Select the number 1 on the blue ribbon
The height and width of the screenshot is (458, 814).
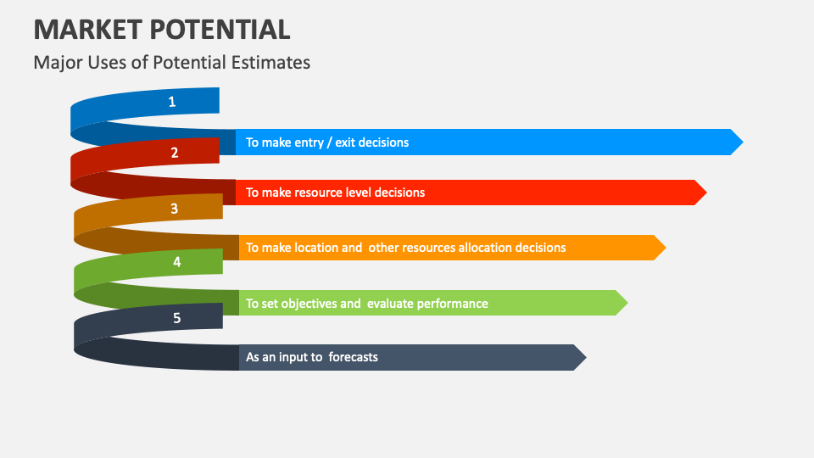pyautogui.click(x=172, y=102)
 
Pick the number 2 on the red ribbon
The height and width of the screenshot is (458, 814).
pyautogui.click(x=175, y=153)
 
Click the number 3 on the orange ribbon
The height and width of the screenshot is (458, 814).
pyautogui.click(x=174, y=208)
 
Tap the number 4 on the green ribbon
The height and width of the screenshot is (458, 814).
pyautogui.click(x=176, y=262)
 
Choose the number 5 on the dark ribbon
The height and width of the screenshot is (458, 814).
pyautogui.click(x=176, y=318)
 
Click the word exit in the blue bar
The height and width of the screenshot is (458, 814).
pyautogui.click(x=345, y=142)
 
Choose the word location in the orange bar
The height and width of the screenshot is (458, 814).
pyautogui.click(x=318, y=248)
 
